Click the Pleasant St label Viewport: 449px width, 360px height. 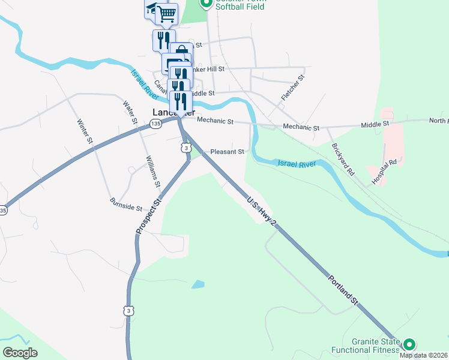point(227,152)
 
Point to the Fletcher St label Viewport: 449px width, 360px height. point(293,88)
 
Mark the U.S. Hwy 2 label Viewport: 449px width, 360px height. point(262,211)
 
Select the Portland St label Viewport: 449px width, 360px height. point(343,292)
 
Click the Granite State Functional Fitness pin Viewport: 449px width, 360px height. point(409,344)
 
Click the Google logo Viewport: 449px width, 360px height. point(20,353)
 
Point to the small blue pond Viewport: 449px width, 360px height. point(198,284)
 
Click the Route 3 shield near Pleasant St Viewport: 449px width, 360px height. point(187,148)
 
